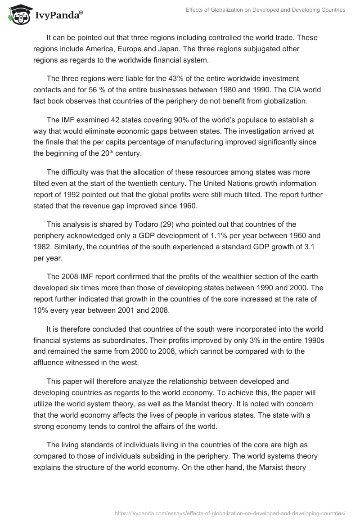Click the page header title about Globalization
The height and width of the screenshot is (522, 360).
(265, 9)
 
